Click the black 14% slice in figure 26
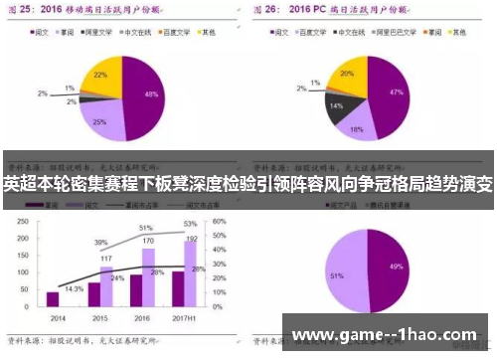tap(338, 105)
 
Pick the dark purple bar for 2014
tap(53, 298)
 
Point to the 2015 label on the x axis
tap(97, 317)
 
